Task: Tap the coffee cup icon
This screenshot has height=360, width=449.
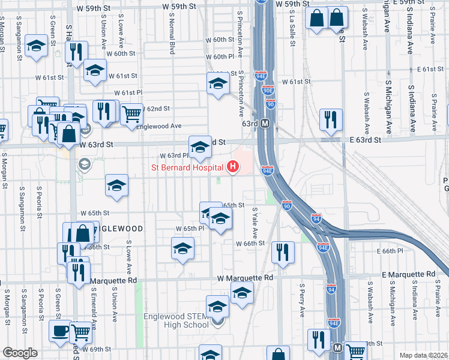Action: pyautogui.click(x=59, y=331)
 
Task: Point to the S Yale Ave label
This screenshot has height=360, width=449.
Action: pyautogui.click(x=255, y=223)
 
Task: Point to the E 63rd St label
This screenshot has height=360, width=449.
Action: pyautogui.click(x=364, y=140)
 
